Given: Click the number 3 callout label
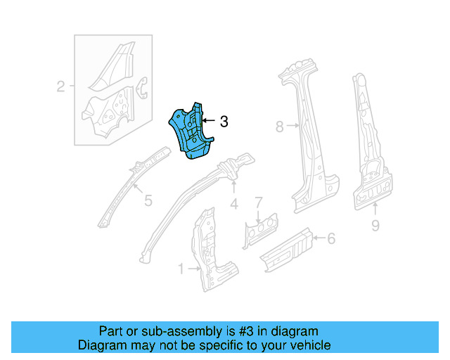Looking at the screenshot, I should [224, 122].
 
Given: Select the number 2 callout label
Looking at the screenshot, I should [61, 87].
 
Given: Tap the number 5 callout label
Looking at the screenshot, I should [148, 201].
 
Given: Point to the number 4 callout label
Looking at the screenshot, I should [234, 204].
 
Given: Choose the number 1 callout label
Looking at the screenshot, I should [181, 269].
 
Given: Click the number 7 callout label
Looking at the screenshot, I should [258, 202].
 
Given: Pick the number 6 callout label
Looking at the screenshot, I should [331, 239].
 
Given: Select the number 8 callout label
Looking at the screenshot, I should [279, 127].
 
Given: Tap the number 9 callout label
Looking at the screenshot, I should [375, 225].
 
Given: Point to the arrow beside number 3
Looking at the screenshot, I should [209, 122].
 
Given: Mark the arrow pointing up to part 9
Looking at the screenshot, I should [375, 209].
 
